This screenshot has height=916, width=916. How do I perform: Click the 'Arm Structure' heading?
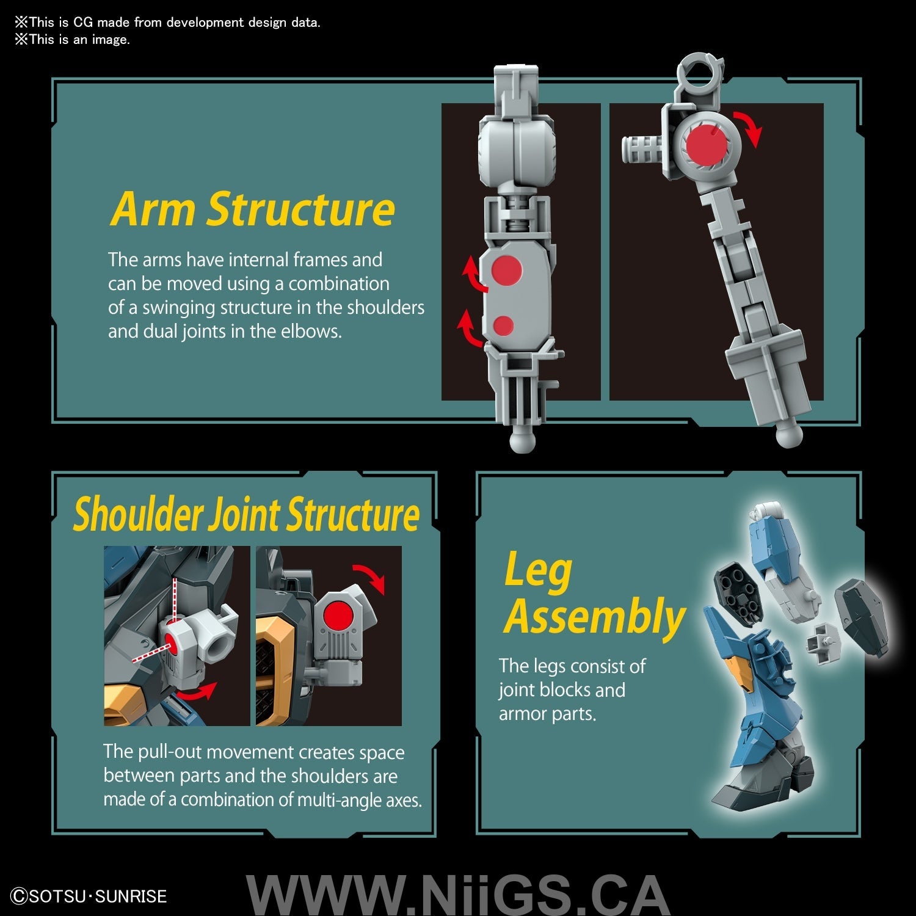(x=253, y=209)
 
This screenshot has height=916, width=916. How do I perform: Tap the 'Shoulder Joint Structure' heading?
(x=246, y=514)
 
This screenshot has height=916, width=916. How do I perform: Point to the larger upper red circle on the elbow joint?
(x=507, y=269)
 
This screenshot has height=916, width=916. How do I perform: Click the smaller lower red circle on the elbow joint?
(x=503, y=326)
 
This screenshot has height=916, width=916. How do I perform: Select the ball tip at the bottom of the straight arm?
(x=522, y=439)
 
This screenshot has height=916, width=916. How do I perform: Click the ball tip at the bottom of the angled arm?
(x=789, y=435)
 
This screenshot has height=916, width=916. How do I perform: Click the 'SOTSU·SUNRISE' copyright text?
(x=90, y=896)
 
